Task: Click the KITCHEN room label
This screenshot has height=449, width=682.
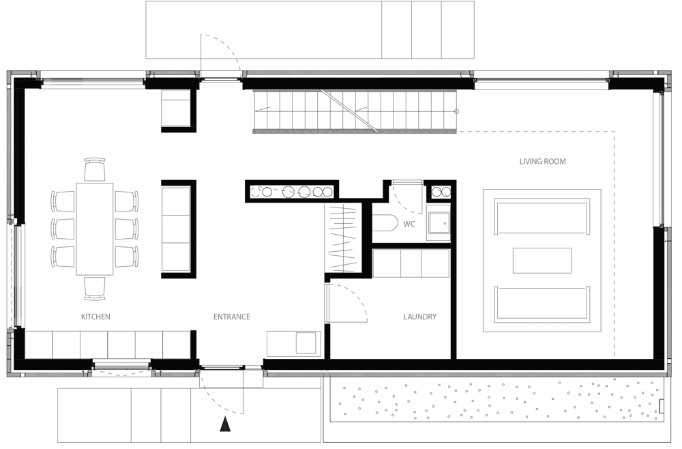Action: coord(95,317)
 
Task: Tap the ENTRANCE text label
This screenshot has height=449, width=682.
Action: coord(232,317)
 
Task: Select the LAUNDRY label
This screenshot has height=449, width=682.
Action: coord(419,317)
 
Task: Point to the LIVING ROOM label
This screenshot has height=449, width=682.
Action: coord(542,162)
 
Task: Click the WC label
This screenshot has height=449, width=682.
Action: coord(409,224)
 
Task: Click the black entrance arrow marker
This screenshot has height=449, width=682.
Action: coord(225,424)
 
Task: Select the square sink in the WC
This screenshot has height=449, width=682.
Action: coord(438,224)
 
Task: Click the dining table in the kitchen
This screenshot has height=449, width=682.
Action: coord(95,229)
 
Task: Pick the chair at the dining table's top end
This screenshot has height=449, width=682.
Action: coord(95,169)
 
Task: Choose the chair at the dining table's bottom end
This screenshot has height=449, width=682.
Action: coord(95,289)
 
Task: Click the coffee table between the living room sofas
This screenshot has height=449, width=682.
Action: coord(542,261)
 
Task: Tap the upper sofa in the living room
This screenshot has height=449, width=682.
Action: coord(542,216)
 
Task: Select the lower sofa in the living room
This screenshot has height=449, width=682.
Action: coord(542,304)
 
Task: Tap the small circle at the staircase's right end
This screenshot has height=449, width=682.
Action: coord(457,111)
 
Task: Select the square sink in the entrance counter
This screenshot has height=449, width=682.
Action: coord(306,343)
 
